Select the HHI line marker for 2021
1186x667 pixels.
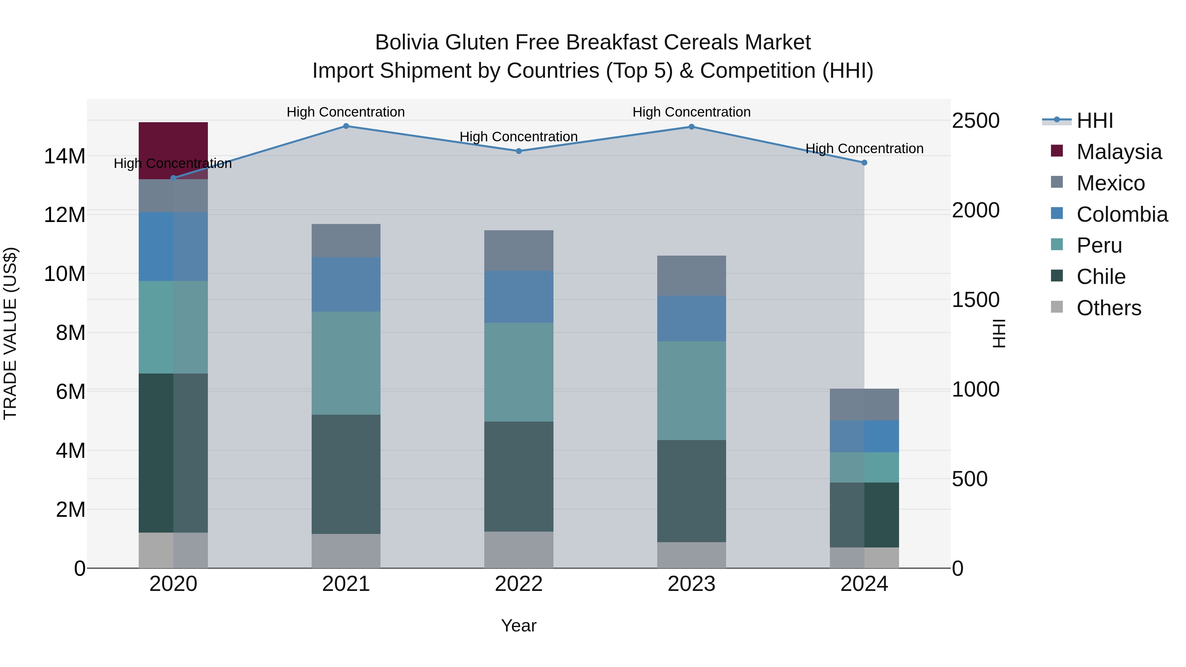coord(346,126)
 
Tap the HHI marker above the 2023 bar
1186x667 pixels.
coord(692,126)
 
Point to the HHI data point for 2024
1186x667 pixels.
coord(864,162)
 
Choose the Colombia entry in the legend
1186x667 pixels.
coord(1121,214)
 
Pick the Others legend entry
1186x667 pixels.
coord(1108,308)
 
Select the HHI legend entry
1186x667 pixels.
coord(1094,121)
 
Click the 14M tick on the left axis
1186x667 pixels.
coord(65,156)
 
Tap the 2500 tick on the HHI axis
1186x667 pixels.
coord(975,121)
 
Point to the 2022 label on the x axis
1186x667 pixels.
coord(519,584)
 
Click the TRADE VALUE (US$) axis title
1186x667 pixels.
coord(10,333)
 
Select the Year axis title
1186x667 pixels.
coord(519,625)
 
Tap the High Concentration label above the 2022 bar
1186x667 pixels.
coord(519,137)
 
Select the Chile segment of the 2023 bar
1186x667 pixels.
coord(692,491)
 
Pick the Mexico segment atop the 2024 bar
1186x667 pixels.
coord(864,404)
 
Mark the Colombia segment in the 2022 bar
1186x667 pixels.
coord(519,296)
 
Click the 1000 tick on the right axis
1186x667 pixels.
coord(975,389)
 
